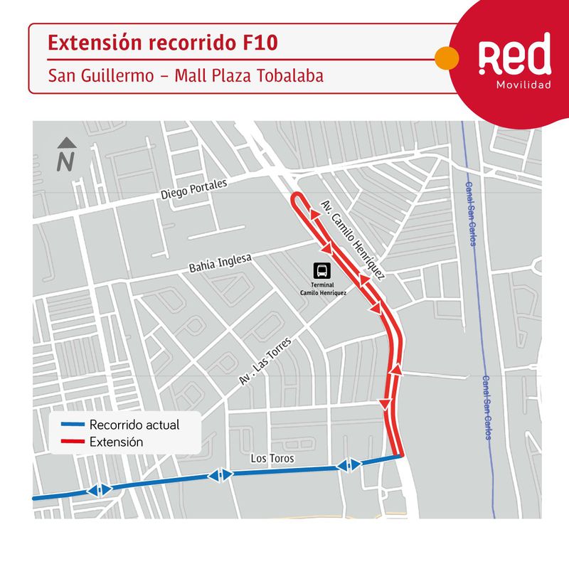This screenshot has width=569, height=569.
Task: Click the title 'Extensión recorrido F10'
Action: point(162,43)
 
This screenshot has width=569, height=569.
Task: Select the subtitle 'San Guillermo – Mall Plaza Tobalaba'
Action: point(186,75)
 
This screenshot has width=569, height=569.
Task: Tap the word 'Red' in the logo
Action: point(514,56)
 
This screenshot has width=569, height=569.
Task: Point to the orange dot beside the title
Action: point(445,58)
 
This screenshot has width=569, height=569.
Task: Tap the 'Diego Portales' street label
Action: point(193,189)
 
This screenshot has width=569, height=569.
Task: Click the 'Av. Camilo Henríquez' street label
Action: point(353,240)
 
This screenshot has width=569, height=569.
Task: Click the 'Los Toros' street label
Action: point(272,459)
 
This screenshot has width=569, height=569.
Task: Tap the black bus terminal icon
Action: point(323,270)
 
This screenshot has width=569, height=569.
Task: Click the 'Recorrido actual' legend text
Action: point(134,425)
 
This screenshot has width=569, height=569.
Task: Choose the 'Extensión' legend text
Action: point(117,442)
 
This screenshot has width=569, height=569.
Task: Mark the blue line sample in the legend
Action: point(73,425)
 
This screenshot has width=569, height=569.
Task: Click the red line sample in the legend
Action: point(73,442)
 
